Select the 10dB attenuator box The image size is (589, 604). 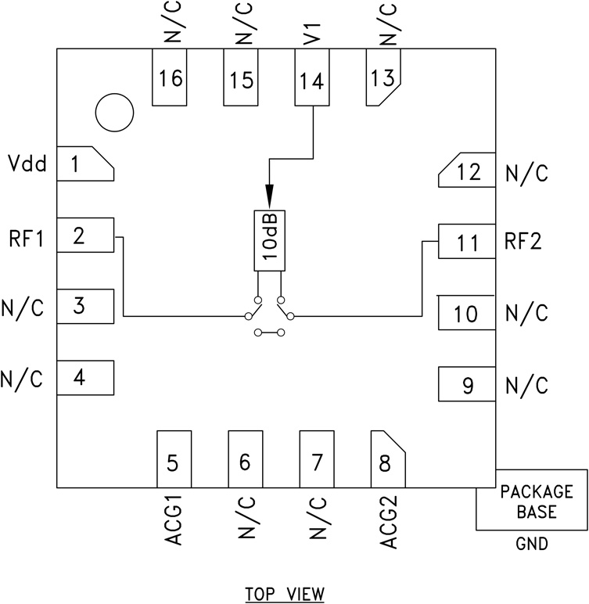[268, 240]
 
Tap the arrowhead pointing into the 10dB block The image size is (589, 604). [268, 196]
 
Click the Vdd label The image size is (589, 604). [27, 164]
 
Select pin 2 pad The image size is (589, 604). [85, 235]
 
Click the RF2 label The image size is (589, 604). [524, 243]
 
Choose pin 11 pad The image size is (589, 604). [466, 242]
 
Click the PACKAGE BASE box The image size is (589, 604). [531, 501]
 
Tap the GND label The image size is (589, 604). [531, 544]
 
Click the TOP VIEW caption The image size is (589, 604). [283, 592]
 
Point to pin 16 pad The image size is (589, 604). [170, 78]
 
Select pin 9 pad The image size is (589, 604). [466, 384]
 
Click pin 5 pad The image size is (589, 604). [174, 458]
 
